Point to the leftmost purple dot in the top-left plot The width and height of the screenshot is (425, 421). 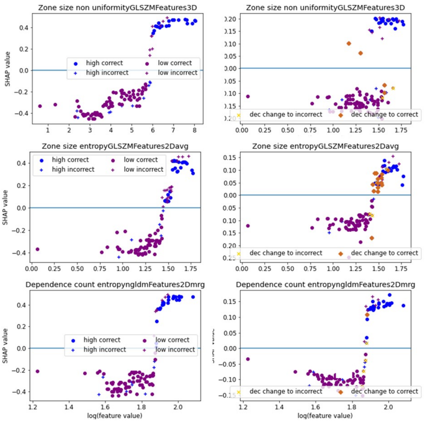point(40,106)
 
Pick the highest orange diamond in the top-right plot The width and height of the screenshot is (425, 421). point(349,43)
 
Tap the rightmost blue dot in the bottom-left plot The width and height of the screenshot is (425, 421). point(193,297)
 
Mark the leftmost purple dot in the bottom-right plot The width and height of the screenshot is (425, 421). point(248,359)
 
